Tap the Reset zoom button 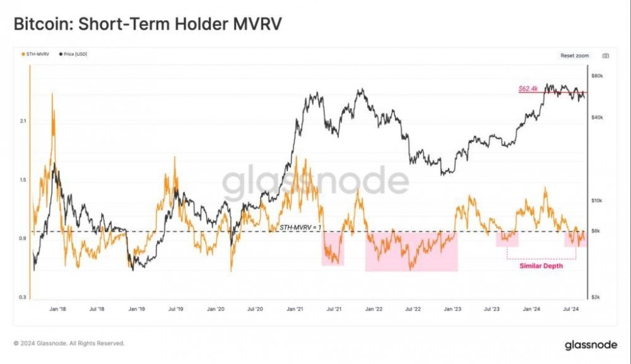point(574,56)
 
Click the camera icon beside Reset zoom point(605,56)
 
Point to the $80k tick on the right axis point(598,76)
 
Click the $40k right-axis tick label point(598,118)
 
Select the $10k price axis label point(598,200)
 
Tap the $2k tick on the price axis point(597,296)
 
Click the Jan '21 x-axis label point(295,310)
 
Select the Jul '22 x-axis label point(413,310)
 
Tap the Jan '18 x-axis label point(58,310)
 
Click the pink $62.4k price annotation point(528,89)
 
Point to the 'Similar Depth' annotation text point(541,266)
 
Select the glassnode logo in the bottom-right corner point(590,345)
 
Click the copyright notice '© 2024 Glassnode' point(69,343)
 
